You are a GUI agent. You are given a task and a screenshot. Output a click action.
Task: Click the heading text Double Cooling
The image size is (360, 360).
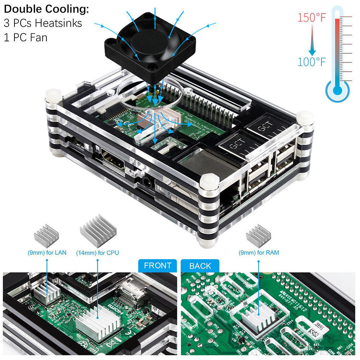coord(46,9)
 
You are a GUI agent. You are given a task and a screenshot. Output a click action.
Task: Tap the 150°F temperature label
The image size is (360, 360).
coord(311,18)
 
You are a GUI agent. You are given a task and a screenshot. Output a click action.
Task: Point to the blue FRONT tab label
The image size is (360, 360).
coord(158,266)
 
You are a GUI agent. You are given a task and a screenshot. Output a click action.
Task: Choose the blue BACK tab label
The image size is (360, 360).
coord(200,266)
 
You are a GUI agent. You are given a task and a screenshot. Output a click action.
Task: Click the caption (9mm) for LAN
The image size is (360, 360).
coord(47,253)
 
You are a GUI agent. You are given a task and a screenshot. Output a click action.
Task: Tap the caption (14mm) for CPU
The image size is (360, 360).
coord(97,253)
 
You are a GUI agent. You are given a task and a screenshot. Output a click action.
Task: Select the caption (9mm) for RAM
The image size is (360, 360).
coord(259,253)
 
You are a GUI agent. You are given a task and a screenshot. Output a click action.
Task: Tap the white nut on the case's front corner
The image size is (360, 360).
coord(209,181)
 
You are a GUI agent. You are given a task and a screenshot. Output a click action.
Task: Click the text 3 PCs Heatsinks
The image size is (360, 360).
coord(43,23)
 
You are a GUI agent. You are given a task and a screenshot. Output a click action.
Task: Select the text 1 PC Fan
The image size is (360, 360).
coord(26,37)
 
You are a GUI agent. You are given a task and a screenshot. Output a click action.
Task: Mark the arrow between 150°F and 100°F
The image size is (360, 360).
coord(311,40)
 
